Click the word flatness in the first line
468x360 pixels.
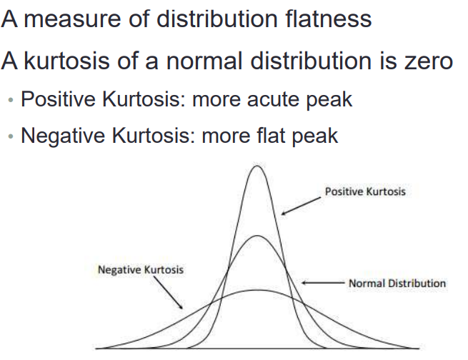[x=328, y=19]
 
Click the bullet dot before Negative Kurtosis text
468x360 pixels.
[x=11, y=136]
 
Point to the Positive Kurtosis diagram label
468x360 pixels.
[x=365, y=191]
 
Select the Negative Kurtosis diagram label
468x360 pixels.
[x=141, y=269]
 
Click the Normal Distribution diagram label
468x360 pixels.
[x=397, y=283]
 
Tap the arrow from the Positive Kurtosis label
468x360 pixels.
[x=301, y=206]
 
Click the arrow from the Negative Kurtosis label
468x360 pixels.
[x=169, y=293]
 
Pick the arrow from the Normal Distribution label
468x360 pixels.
[x=324, y=283]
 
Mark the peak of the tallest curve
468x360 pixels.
[x=257, y=166]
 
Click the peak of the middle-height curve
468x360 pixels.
[x=257, y=236]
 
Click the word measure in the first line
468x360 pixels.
[x=72, y=20]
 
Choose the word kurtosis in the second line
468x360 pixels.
[x=66, y=61]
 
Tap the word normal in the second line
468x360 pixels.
[x=204, y=61]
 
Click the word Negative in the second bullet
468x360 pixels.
[x=63, y=136]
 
